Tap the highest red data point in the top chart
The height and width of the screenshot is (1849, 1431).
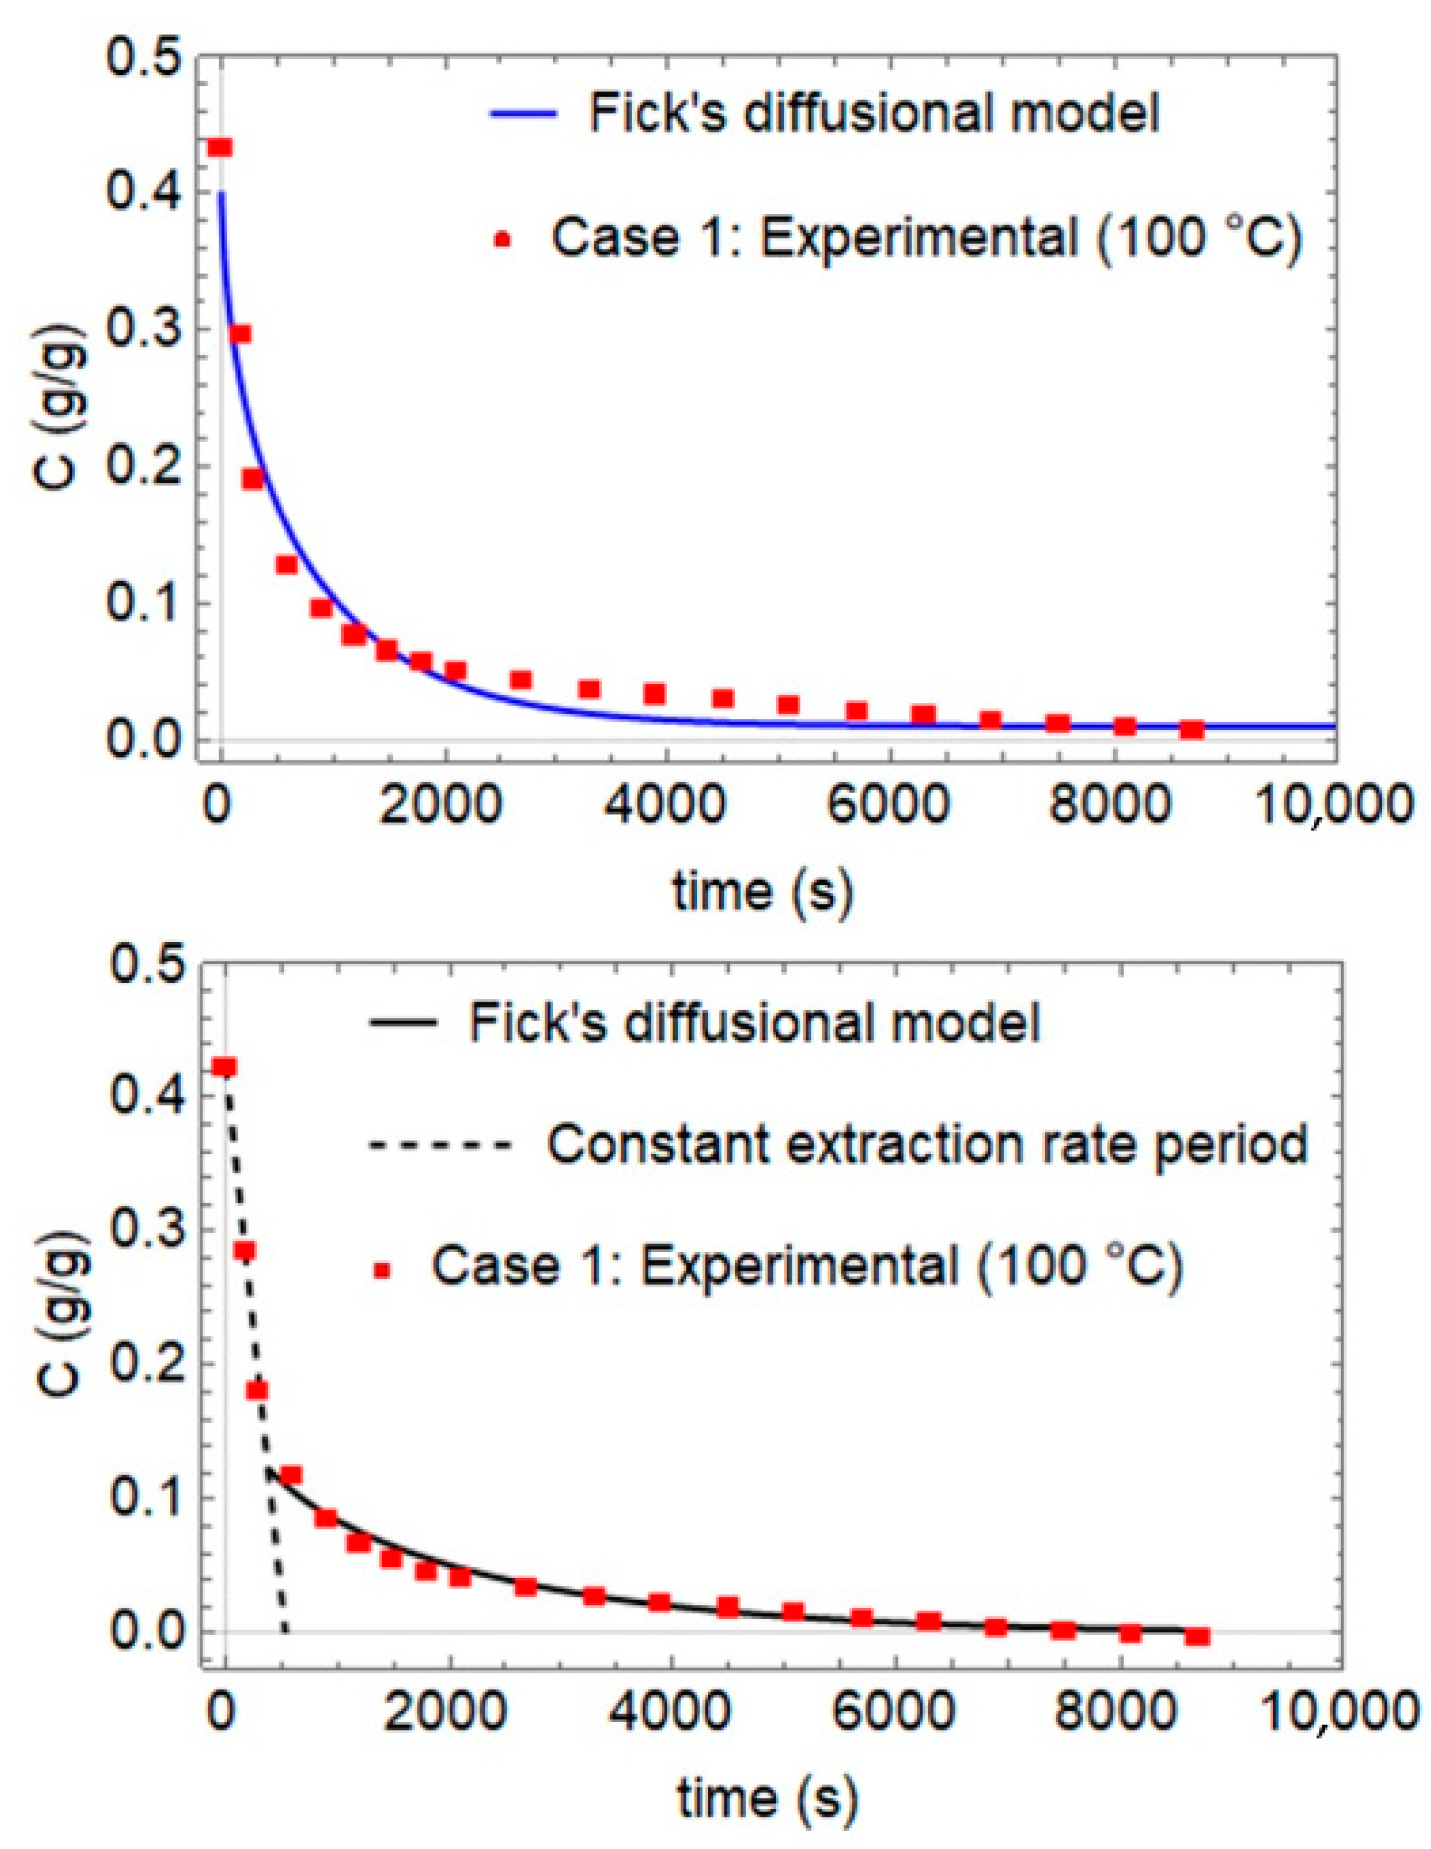pyautogui.click(x=220, y=148)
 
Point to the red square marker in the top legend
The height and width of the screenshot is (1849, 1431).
pyautogui.click(x=503, y=241)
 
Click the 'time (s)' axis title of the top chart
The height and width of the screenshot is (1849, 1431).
pyautogui.click(x=761, y=892)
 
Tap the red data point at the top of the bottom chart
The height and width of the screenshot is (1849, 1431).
pyautogui.click(x=224, y=1068)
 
